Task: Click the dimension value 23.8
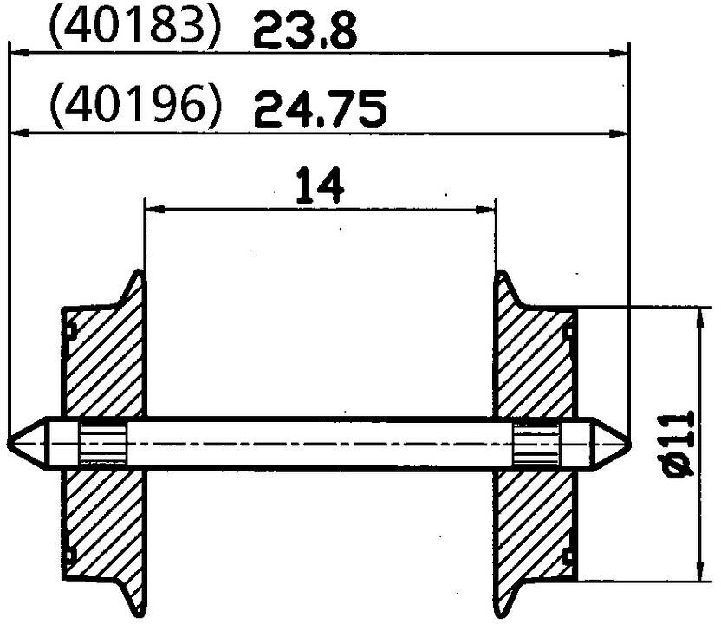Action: pyautogui.click(x=304, y=34)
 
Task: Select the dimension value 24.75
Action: pyautogui.click(x=320, y=111)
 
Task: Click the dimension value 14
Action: pyautogui.click(x=319, y=186)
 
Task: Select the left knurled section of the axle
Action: pyautogui.click(x=103, y=443)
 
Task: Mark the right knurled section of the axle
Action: pyautogui.click(x=536, y=443)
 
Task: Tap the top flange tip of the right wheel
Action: pyautogui.click(x=503, y=276)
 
